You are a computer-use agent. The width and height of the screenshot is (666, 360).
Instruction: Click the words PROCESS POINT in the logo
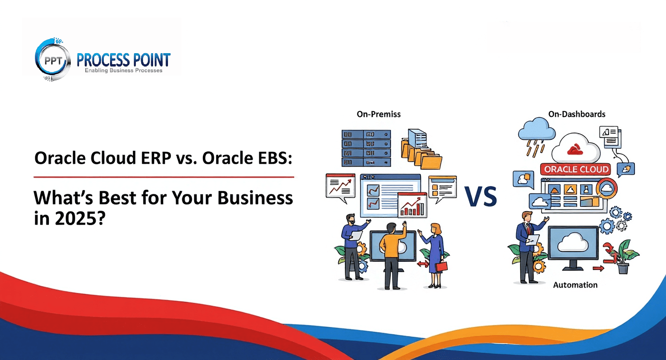(123, 60)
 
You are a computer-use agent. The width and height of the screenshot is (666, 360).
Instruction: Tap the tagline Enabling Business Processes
(123, 70)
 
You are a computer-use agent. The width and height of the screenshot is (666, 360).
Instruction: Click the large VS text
(480, 197)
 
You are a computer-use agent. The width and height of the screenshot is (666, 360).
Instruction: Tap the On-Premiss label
(378, 114)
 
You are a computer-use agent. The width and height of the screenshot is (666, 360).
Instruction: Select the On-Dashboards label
(576, 114)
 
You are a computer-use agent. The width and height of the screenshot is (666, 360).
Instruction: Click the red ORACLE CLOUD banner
(576, 169)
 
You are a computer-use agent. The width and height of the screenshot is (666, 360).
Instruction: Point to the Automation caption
(575, 285)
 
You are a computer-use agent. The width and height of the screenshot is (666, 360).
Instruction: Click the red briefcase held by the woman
(441, 266)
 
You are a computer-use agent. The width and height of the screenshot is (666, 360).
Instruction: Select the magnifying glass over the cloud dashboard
(605, 188)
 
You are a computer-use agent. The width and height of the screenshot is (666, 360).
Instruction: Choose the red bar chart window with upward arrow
(412, 205)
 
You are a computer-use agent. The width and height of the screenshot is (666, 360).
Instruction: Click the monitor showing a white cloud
(573, 246)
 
